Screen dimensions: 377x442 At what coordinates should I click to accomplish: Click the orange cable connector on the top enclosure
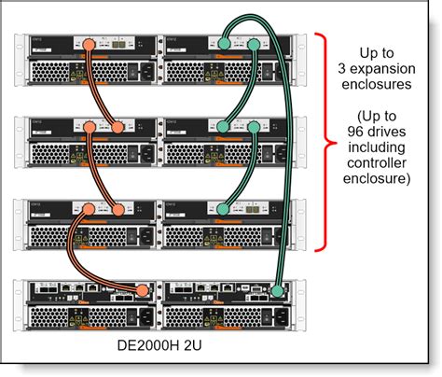[x=87, y=44]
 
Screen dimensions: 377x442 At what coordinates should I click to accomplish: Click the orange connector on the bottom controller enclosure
[x=142, y=292]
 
